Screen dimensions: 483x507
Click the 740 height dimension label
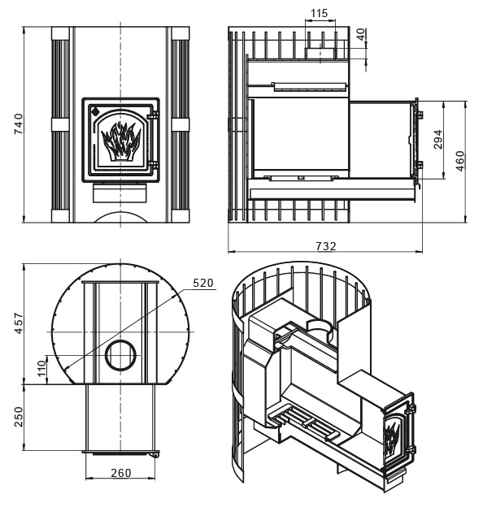pyautogui.click(x=19, y=123)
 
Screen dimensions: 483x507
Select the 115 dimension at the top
pyautogui.click(x=319, y=13)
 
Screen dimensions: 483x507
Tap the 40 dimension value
pyautogui.click(x=362, y=34)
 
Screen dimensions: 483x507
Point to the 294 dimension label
pyautogui.click(x=437, y=139)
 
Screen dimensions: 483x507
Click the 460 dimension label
pyautogui.click(x=459, y=161)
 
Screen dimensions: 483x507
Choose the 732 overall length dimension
pyautogui.click(x=326, y=246)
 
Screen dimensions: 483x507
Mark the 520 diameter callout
pyautogui.click(x=203, y=283)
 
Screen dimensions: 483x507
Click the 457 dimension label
pyautogui.click(x=19, y=323)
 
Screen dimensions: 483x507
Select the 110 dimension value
pyautogui.click(x=42, y=369)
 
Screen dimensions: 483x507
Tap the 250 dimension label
pyautogui.click(x=19, y=417)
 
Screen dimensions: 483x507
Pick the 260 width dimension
pyautogui.click(x=121, y=473)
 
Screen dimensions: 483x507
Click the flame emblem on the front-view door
pyautogui.click(x=121, y=141)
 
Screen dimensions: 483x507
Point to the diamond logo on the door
pyautogui.click(x=96, y=111)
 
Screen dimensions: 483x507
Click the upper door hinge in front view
pyautogui.click(x=153, y=116)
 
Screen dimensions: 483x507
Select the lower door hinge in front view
pyautogui.click(x=153, y=165)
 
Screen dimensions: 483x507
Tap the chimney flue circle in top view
pyautogui.click(x=120, y=355)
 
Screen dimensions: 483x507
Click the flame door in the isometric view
pyautogui.click(x=398, y=433)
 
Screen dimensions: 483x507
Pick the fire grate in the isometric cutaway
pyautogui.click(x=303, y=422)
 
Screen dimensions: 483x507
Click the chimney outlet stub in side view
pyautogui.click(x=320, y=53)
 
